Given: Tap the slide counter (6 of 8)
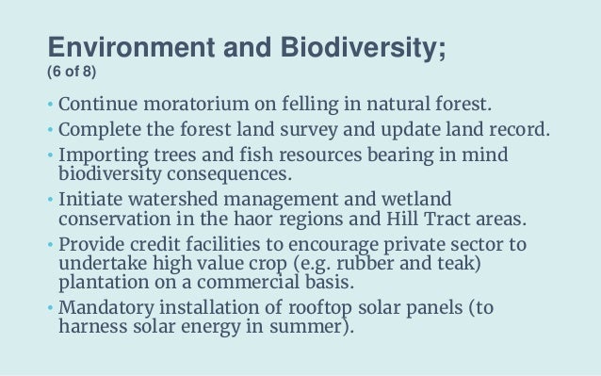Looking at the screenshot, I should (71, 74).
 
